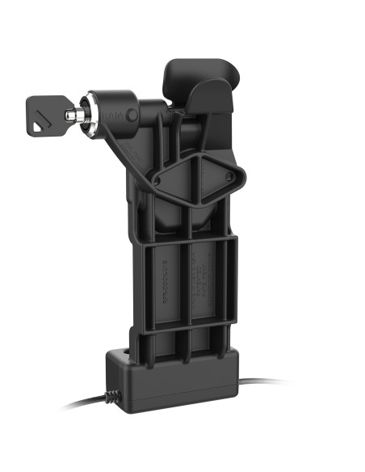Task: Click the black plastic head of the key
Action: point(49,116)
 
